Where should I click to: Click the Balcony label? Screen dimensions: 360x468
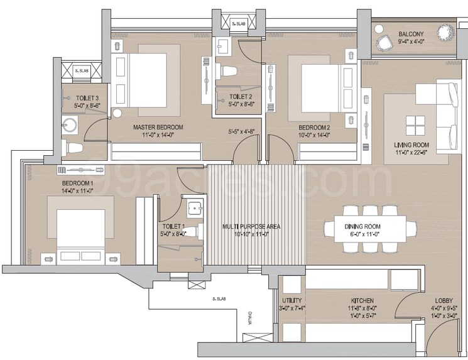tap(410, 34)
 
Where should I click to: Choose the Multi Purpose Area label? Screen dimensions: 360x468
tap(251, 226)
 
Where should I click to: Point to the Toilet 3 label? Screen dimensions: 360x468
tap(87, 99)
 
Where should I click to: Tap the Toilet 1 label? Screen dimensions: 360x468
tap(173, 226)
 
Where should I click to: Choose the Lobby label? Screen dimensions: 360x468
tap(444, 301)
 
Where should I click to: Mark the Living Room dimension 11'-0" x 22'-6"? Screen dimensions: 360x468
tap(412, 152)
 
